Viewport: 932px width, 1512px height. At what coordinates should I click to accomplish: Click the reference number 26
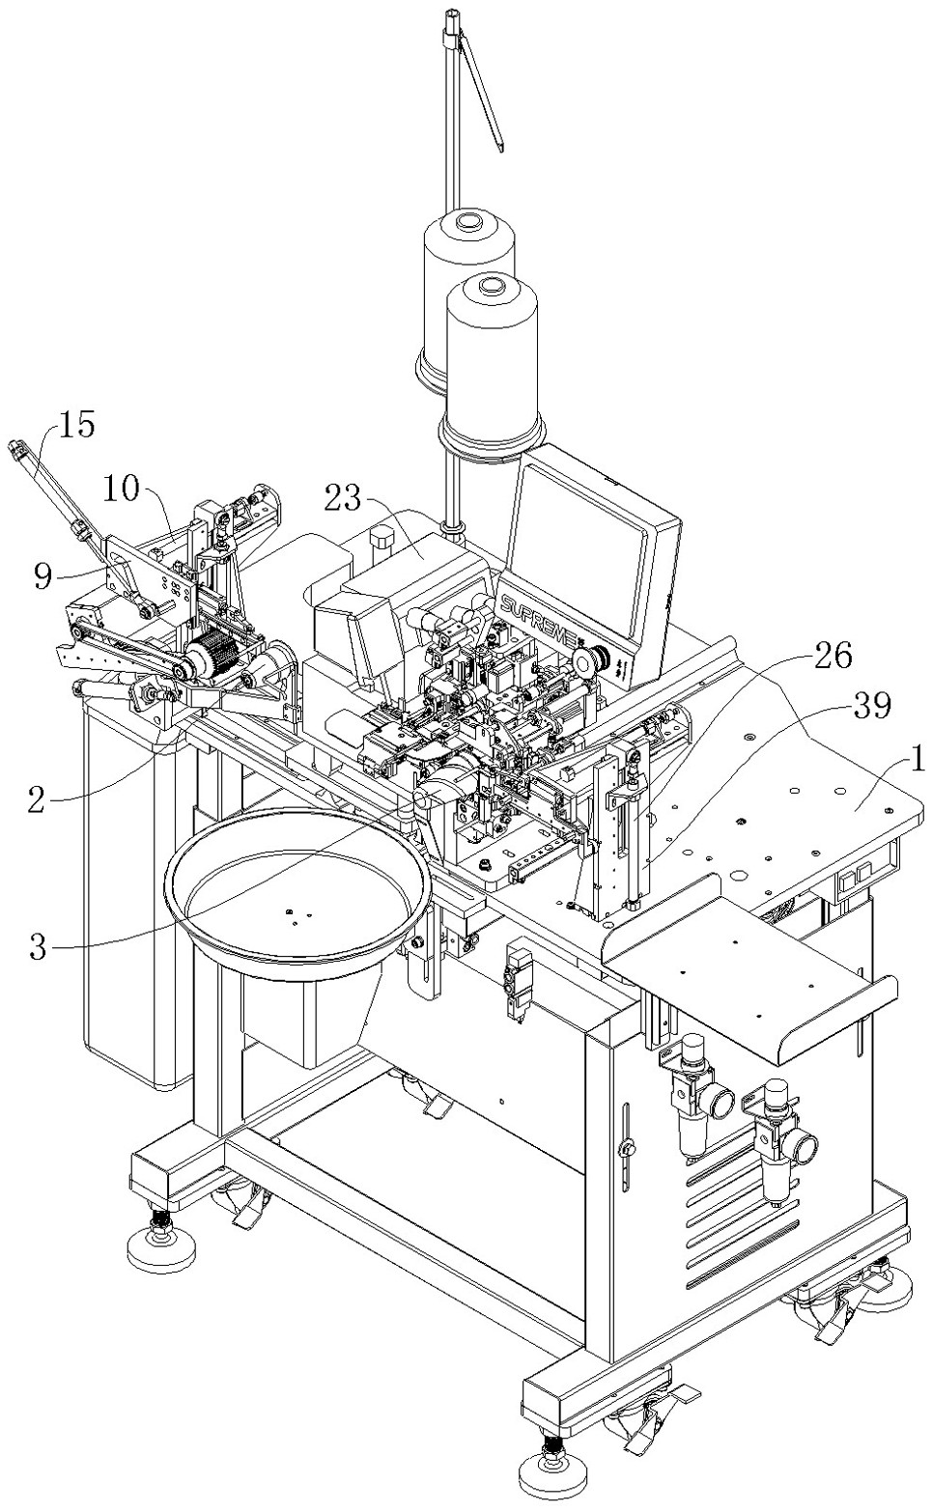(833, 655)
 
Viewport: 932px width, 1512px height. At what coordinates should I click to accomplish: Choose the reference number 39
(870, 706)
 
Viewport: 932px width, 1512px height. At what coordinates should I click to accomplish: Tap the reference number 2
(37, 801)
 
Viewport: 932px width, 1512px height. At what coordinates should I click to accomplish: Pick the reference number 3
(39, 946)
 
